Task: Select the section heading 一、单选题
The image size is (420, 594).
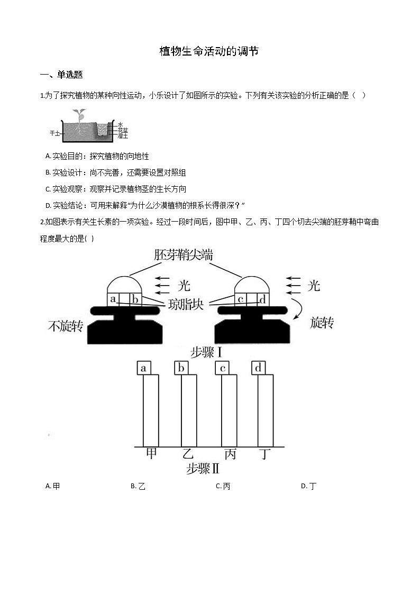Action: click(x=61, y=75)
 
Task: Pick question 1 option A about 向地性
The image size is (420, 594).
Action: click(x=97, y=157)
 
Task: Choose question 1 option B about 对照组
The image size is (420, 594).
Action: click(x=116, y=173)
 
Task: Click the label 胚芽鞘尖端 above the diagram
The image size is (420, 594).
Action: click(x=184, y=255)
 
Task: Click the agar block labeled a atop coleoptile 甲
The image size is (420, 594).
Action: click(x=143, y=368)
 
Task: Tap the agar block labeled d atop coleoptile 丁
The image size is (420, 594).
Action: click(x=258, y=368)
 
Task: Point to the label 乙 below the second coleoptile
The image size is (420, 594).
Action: click(x=188, y=454)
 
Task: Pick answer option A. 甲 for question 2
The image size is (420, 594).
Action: click(x=53, y=486)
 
